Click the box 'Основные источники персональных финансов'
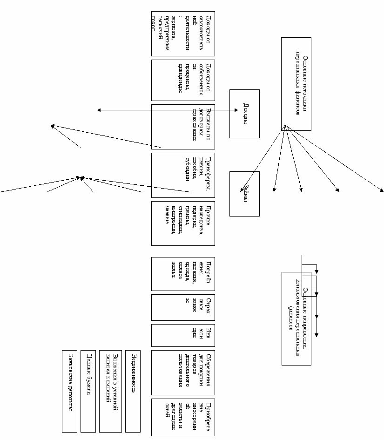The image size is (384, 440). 296,84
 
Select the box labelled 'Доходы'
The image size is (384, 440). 244,114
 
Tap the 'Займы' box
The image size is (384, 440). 244,194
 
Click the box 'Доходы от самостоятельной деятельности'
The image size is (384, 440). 183,34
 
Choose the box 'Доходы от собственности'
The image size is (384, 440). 183,80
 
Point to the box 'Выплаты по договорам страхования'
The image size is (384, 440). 183,127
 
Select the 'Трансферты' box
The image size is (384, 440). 183,175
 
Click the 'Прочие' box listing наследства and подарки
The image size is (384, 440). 183,223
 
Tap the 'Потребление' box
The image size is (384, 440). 183,274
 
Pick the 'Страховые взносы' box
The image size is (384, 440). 183,307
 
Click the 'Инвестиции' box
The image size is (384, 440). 183,335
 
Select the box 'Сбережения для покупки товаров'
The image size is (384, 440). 183,372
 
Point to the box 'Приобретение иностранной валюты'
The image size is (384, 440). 183,417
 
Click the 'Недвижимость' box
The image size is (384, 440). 133,391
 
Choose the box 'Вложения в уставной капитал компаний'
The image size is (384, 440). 110,391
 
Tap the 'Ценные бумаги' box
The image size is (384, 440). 88,391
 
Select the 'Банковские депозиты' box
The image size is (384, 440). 69,391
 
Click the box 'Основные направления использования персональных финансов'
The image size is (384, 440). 296,318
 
